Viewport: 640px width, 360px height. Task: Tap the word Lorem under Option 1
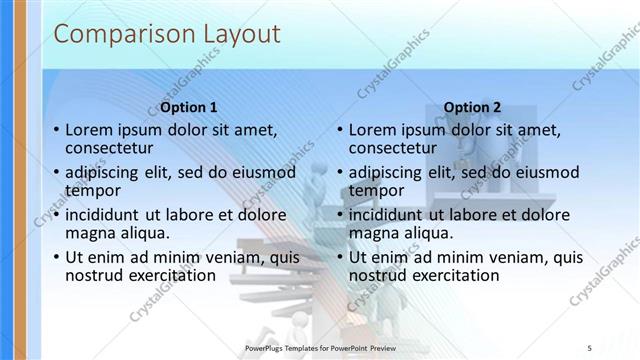(x=90, y=129)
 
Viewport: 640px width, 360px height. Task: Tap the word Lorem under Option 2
(x=374, y=129)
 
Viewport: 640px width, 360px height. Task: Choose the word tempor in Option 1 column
(x=93, y=190)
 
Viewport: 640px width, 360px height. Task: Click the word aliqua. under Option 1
(x=142, y=233)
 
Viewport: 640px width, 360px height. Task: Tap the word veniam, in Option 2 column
(x=512, y=256)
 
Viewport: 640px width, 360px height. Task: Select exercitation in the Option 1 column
(x=168, y=275)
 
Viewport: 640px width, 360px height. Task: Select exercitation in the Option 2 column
(x=452, y=275)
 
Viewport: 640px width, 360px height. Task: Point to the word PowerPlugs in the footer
(x=266, y=348)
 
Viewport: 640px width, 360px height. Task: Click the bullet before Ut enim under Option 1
(x=56, y=257)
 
